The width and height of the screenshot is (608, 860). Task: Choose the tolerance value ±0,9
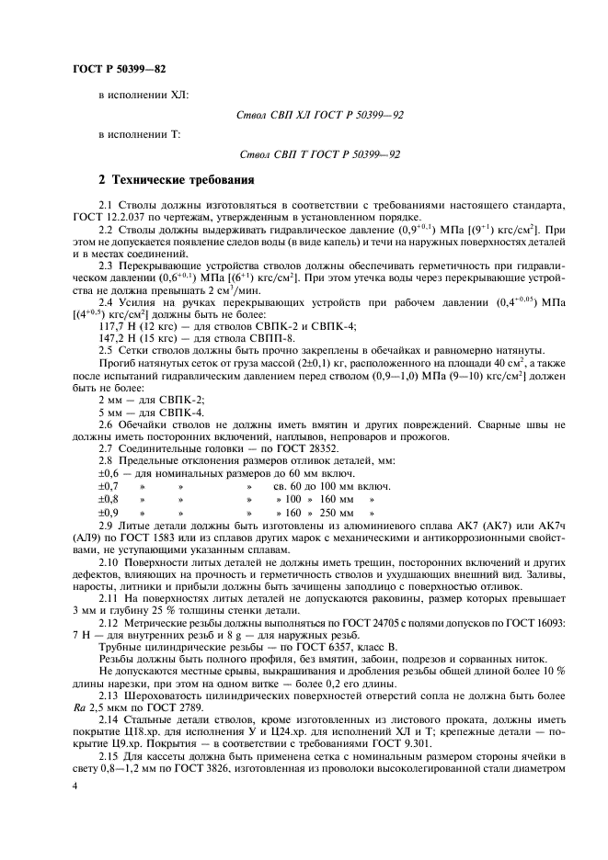click(x=109, y=512)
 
